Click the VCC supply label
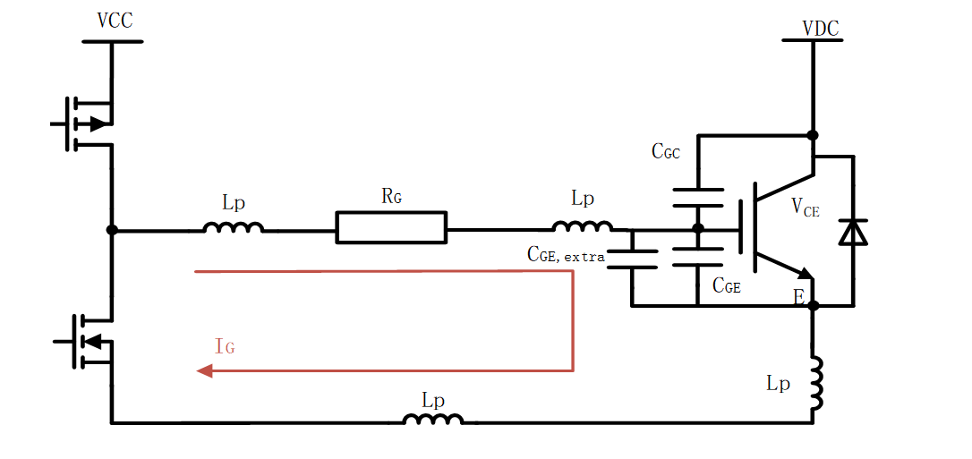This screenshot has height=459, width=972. click(114, 21)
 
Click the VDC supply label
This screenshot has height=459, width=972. click(820, 29)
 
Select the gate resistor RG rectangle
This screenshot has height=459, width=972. click(391, 227)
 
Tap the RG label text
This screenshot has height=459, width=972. click(391, 196)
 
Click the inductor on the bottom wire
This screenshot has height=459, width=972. click(433, 419)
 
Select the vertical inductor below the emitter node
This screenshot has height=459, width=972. click(815, 383)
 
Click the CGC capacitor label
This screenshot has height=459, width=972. click(665, 152)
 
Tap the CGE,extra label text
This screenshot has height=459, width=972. click(566, 255)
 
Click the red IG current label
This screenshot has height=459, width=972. click(225, 346)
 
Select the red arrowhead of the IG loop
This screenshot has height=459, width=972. click(204, 370)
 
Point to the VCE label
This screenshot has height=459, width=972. click(806, 208)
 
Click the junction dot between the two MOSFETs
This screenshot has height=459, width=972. click(112, 230)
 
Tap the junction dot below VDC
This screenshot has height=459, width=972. click(813, 135)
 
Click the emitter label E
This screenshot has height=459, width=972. click(798, 297)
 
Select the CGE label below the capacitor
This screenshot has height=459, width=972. click(726, 286)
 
